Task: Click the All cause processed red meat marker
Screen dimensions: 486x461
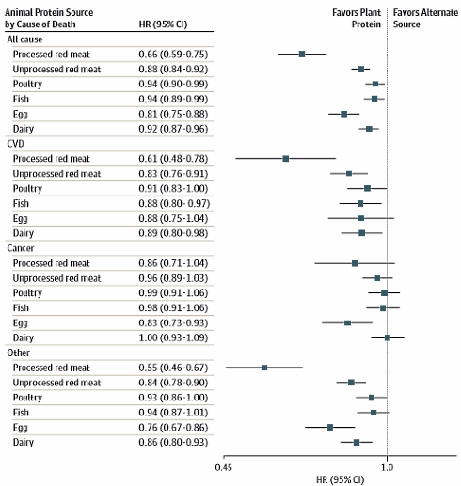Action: pyautogui.click(x=302, y=54)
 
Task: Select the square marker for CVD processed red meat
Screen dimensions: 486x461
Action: pyautogui.click(x=286, y=158)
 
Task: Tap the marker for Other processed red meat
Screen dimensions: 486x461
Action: pyautogui.click(x=264, y=368)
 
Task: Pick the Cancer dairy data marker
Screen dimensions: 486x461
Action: pyautogui.click(x=387, y=337)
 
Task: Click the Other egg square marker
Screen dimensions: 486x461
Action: pyautogui.click(x=330, y=427)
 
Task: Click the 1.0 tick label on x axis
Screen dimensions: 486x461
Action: pyautogui.click(x=387, y=465)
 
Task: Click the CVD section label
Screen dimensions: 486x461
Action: pyautogui.click(x=16, y=144)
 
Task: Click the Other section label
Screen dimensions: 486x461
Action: pyautogui.click(x=18, y=353)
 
